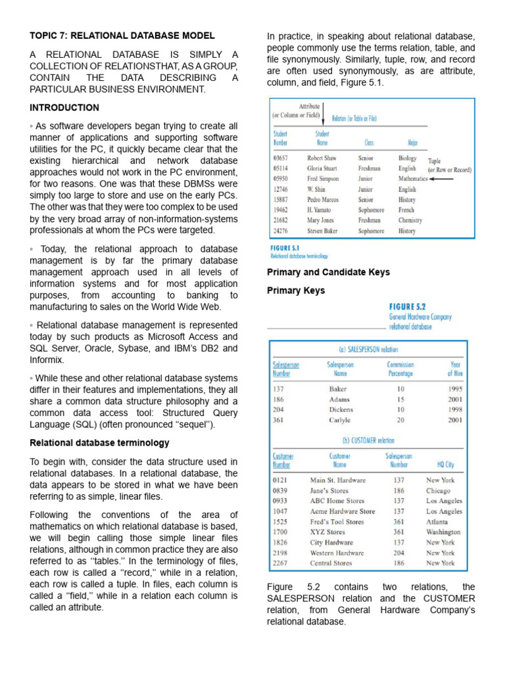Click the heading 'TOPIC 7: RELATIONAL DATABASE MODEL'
pos(122,35)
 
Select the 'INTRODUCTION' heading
pos(64,107)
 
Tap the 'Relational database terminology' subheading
pos(99,442)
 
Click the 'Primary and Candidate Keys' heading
pos(328,272)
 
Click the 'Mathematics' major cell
pos(412,179)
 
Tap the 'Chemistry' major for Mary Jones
pos(410,221)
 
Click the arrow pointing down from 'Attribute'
pos(323,117)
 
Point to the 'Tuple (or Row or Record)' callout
pos(449,165)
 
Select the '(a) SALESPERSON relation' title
pos(368,350)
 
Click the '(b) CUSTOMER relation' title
pos(368,440)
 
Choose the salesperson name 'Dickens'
pos(341,409)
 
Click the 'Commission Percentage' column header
pos(400,369)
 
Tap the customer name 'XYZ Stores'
pos(327,532)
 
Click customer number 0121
pos(281,480)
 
